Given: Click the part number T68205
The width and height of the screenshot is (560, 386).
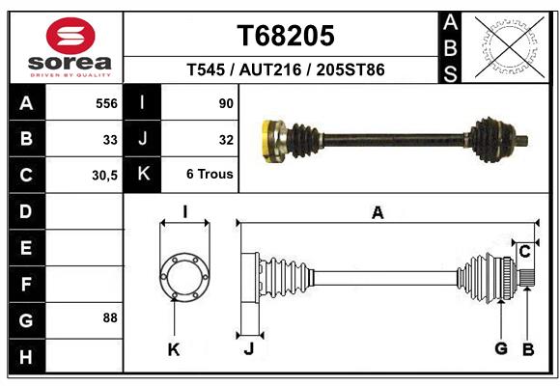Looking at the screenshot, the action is pyautogui.click(x=286, y=36).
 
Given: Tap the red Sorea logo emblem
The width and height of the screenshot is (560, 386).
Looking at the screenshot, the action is pyautogui.click(x=70, y=36).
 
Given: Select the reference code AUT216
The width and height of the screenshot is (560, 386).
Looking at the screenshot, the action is pyautogui.click(x=270, y=69).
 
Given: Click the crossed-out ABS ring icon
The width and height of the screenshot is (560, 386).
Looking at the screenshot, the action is pyautogui.click(x=510, y=47).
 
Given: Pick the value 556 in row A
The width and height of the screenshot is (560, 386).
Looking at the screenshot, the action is pyautogui.click(x=106, y=103).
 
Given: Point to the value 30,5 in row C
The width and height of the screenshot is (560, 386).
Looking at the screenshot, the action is pyautogui.click(x=104, y=176).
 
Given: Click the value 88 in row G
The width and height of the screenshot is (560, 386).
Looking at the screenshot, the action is pyautogui.click(x=110, y=317).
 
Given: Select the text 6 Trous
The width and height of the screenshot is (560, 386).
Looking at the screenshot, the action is pyautogui.click(x=210, y=174).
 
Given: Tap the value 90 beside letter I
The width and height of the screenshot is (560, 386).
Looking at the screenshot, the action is pyautogui.click(x=226, y=103).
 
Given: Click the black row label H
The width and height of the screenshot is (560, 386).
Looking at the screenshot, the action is pyautogui.click(x=27, y=356).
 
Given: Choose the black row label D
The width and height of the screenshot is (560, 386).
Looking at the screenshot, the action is pyautogui.click(x=27, y=211).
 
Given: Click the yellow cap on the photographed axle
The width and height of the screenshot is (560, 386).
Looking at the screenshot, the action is pyautogui.click(x=266, y=142).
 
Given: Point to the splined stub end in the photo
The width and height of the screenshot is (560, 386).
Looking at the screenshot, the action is pyautogui.click(x=522, y=141).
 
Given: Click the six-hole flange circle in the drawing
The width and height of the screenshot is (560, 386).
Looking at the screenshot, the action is pyautogui.click(x=184, y=277).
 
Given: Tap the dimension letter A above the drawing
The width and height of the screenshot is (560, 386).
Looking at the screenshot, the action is pyautogui.click(x=378, y=213).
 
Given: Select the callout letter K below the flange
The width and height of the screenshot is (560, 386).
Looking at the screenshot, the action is pyautogui.click(x=174, y=349).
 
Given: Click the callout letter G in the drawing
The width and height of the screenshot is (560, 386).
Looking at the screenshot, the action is pyautogui.click(x=501, y=348).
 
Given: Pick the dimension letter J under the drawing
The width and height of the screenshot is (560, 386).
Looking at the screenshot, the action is pyautogui.click(x=249, y=348).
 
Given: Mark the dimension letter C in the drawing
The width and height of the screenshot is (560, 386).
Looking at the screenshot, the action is pyautogui.click(x=524, y=252).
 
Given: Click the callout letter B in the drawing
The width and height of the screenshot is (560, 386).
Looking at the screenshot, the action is pyautogui.click(x=528, y=349).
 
